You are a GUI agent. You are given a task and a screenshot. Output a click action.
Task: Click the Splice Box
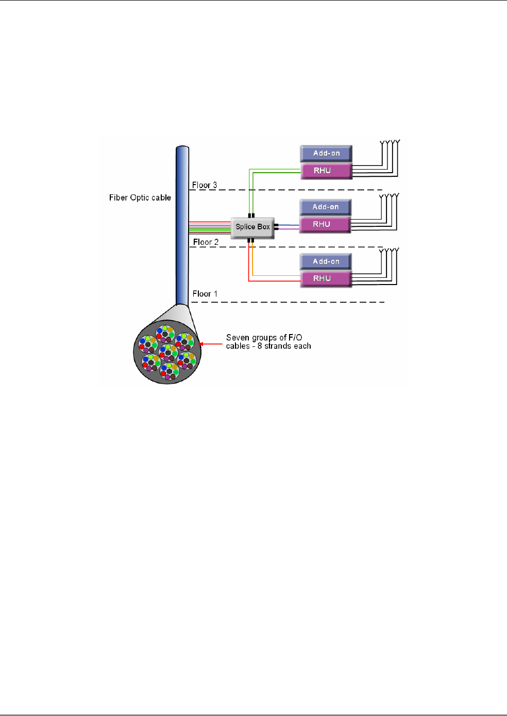click(x=252, y=227)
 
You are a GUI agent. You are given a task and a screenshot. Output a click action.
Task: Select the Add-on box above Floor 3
click(x=326, y=154)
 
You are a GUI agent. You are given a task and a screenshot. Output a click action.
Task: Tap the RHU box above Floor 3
click(x=326, y=171)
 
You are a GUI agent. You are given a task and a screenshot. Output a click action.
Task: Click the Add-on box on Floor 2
click(x=326, y=207)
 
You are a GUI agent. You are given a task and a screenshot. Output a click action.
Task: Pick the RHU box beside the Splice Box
click(x=325, y=224)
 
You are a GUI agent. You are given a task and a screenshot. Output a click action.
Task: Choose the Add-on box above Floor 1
click(x=326, y=261)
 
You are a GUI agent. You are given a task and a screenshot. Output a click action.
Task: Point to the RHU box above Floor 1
click(x=326, y=278)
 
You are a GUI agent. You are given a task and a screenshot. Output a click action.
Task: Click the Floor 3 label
click(x=205, y=185)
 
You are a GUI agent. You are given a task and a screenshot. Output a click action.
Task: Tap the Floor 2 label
click(x=206, y=242)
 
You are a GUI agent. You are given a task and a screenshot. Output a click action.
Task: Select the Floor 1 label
click(x=205, y=294)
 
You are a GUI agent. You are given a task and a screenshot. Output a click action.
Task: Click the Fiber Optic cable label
click(x=140, y=197)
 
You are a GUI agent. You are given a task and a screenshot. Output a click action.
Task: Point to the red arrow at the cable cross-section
click(x=210, y=344)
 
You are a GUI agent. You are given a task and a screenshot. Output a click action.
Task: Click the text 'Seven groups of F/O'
click(x=264, y=338)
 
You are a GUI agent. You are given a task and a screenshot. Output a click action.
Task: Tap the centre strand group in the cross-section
click(x=168, y=353)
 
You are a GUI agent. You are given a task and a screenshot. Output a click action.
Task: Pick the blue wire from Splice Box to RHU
click(x=289, y=225)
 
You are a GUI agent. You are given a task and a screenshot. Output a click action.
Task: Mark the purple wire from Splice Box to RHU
click(x=289, y=229)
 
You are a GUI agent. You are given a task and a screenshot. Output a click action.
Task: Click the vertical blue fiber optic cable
click(x=182, y=225)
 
